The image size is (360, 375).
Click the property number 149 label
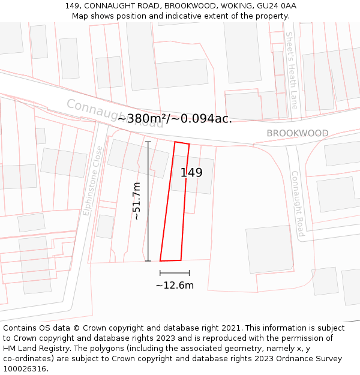pyautogui.click(x=191, y=173)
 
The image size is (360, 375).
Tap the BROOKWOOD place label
pyautogui.click(x=298, y=133)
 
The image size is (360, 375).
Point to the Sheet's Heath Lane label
pyautogui.click(x=292, y=70)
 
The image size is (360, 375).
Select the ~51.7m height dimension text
pyautogui.click(x=137, y=201)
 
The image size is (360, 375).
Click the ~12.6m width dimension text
pyautogui.click(x=175, y=285)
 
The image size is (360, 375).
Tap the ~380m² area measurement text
pyautogui.click(x=142, y=119)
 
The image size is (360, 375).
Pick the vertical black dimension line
pyautogui.click(x=148, y=201)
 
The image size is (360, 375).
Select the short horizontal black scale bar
pyautogui.click(x=175, y=273)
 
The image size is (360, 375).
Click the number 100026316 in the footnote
pyautogui.click(x=25, y=369)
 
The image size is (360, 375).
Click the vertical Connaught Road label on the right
pyautogui.click(x=298, y=203)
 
